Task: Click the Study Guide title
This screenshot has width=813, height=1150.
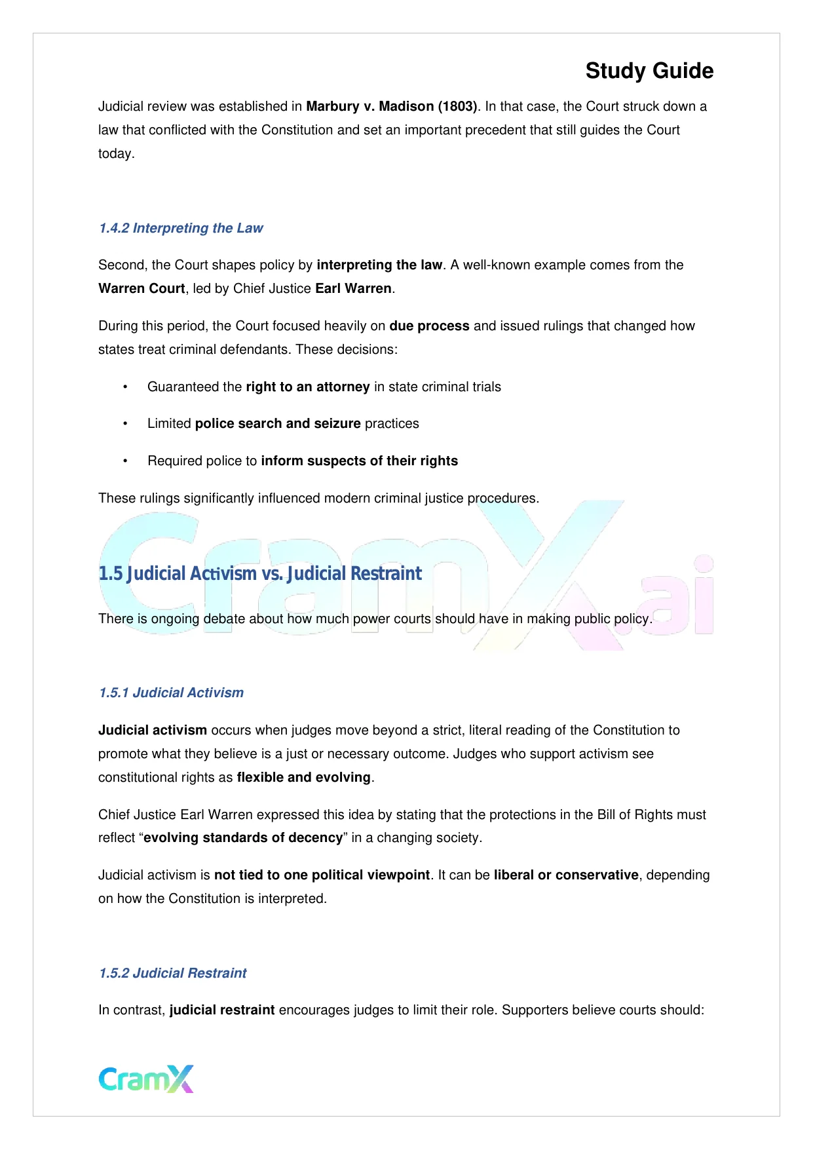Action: (649, 71)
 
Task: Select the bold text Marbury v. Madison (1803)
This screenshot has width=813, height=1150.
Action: (392, 106)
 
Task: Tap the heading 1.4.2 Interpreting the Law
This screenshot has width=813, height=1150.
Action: (181, 228)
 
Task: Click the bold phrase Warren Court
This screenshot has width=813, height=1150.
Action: (142, 288)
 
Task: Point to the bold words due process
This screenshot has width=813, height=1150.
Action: (429, 326)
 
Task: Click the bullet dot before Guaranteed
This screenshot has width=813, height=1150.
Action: (125, 387)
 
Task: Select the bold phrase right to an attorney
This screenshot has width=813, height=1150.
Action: (308, 387)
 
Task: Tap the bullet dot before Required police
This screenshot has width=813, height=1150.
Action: (125, 461)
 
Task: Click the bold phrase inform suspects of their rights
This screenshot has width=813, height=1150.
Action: (359, 461)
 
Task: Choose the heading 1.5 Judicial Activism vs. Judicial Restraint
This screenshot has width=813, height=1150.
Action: (260, 573)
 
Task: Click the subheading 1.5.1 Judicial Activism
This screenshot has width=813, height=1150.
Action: (171, 693)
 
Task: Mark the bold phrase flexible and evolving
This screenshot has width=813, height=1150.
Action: (303, 777)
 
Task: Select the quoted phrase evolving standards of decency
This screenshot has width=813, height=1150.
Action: (243, 837)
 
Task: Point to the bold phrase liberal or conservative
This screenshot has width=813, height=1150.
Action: (566, 875)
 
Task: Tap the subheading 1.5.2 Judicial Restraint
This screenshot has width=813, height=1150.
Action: (173, 973)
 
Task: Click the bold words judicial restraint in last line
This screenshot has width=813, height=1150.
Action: (222, 1010)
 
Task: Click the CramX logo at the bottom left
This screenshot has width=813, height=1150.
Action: (146, 1079)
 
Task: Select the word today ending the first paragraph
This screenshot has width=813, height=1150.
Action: (115, 153)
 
